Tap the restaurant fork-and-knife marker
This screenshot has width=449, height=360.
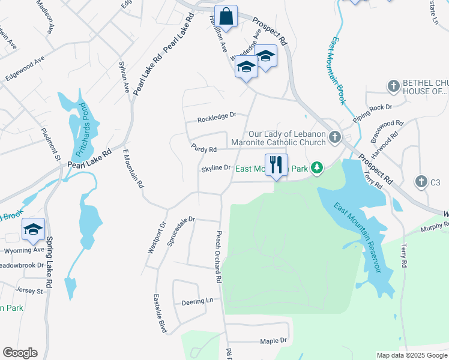click(x=276, y=164)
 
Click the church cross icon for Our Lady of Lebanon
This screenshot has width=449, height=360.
click(x=336, y=138)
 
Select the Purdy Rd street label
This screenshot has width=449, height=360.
click(x=203, y=149)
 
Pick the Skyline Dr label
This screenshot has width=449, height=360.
click(x=216, y=168)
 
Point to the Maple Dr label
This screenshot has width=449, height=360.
click(x=273, y=341)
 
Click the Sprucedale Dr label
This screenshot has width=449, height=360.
click(x=183, y=220)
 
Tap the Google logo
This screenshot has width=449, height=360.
click(x=20, y=353)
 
